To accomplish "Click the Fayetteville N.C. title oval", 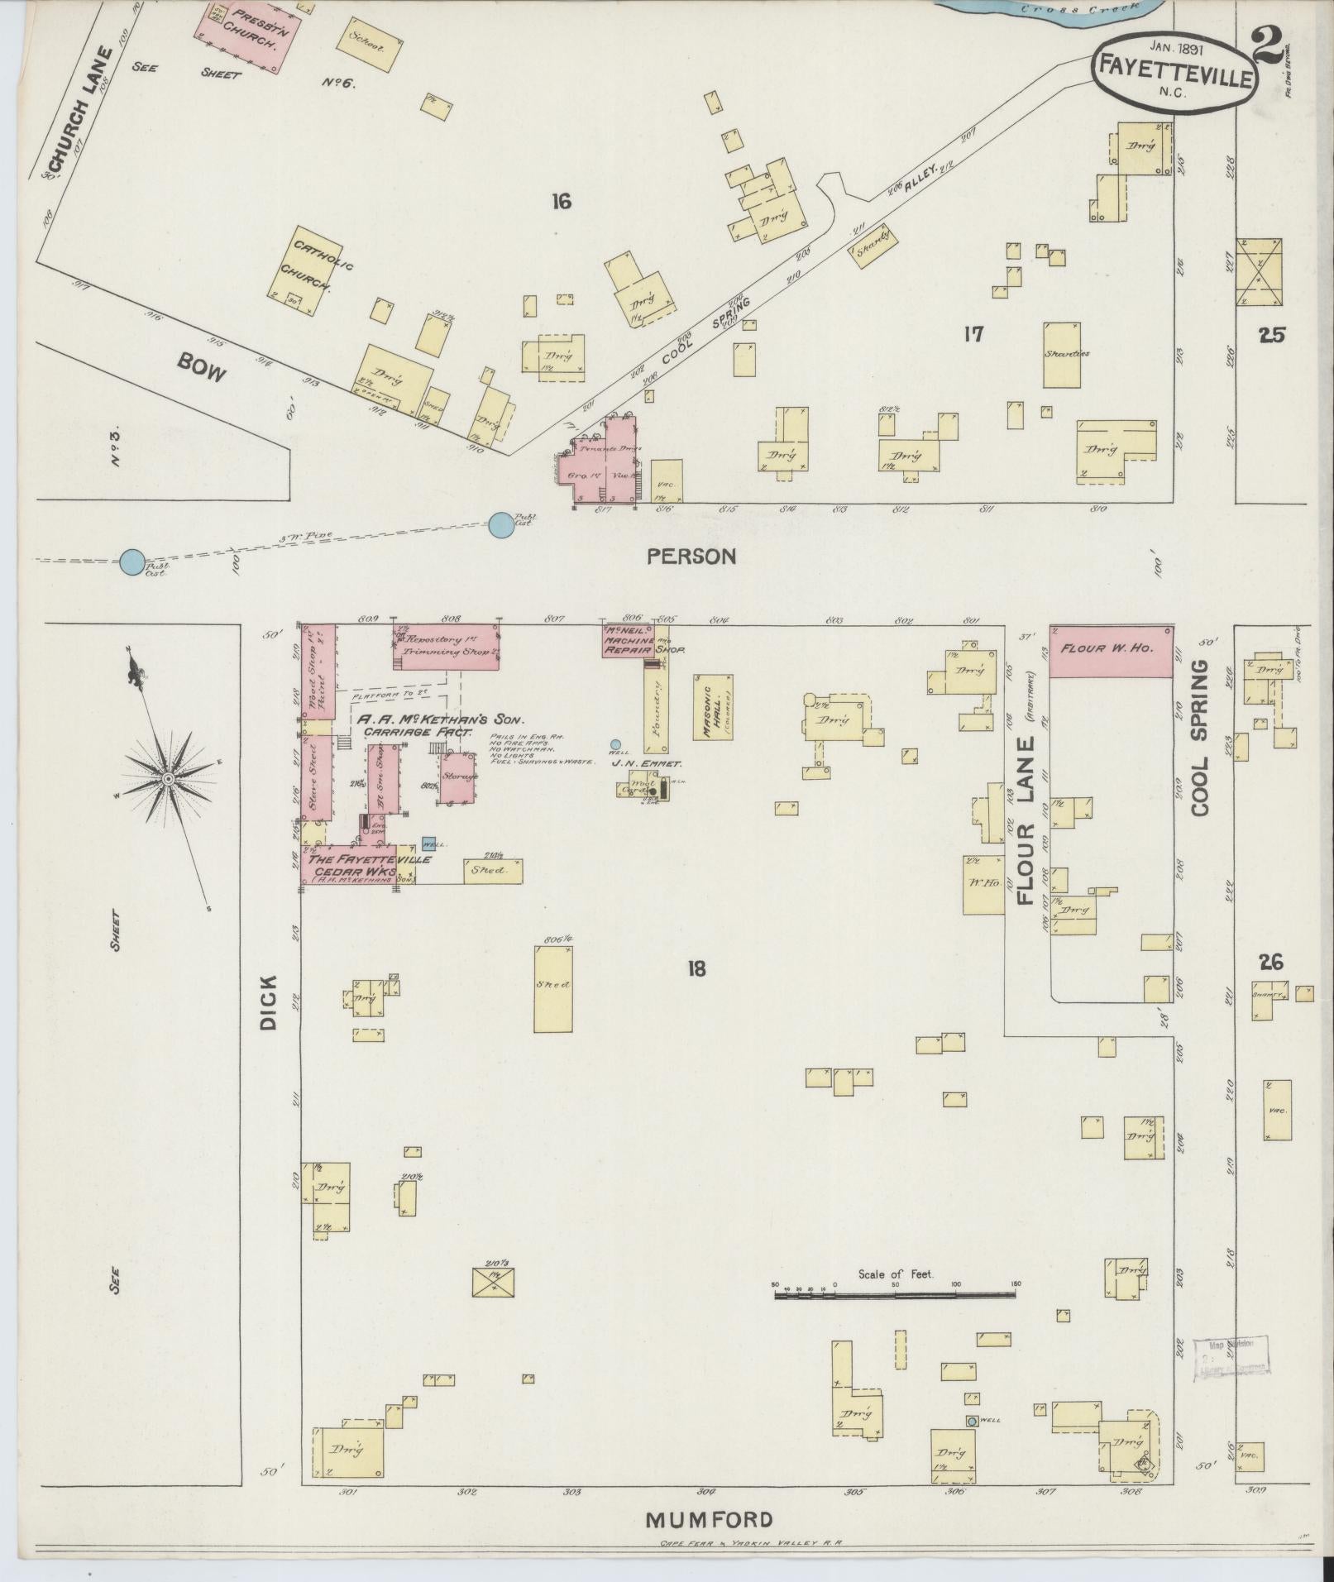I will click(1174, 73).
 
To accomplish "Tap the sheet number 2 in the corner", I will click(1266, 46).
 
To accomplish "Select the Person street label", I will click(691, 557).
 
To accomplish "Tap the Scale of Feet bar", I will click(896, 1293).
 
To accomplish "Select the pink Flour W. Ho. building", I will click(1111, 651).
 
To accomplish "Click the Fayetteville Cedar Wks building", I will click(357, 864).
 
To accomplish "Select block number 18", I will click(696, 968).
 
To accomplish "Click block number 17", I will click(973, 334).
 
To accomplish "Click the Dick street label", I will click(269, 1001).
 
